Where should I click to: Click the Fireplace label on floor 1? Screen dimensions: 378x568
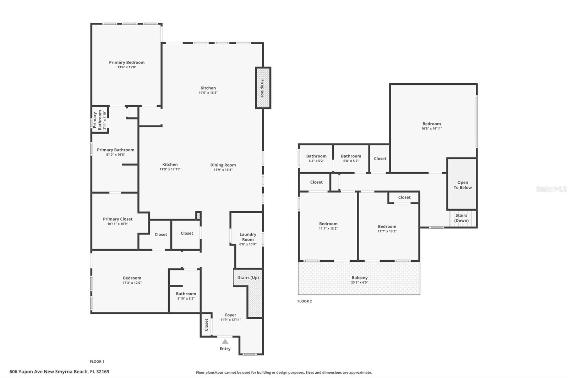pos(263,88)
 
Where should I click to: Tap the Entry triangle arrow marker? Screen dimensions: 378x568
pos(225,341)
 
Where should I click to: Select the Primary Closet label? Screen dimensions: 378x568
pos(118,219)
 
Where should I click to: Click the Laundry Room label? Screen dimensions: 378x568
pos(248,237)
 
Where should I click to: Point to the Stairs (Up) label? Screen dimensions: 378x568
pos(248,278)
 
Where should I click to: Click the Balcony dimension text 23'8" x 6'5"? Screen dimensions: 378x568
pos(359,283)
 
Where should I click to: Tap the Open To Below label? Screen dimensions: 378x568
pos(463,185)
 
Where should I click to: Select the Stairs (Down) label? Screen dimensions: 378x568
pos(461,218)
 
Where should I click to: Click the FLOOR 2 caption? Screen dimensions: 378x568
pos(305,301)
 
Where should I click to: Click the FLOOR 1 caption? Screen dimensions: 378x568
pos(97,362)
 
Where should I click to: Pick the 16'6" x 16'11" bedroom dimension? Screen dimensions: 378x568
pos(431,129)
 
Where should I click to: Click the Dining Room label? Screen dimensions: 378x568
pos(223,165)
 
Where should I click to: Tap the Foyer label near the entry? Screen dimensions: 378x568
pos(230,315)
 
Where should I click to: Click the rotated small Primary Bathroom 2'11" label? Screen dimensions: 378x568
pos(99,120)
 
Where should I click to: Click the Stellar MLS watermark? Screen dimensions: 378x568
pos(551,189)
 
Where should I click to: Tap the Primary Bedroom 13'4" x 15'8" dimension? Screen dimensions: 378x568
pos(127,67)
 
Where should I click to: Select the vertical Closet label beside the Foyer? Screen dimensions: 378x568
pos(206,325)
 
